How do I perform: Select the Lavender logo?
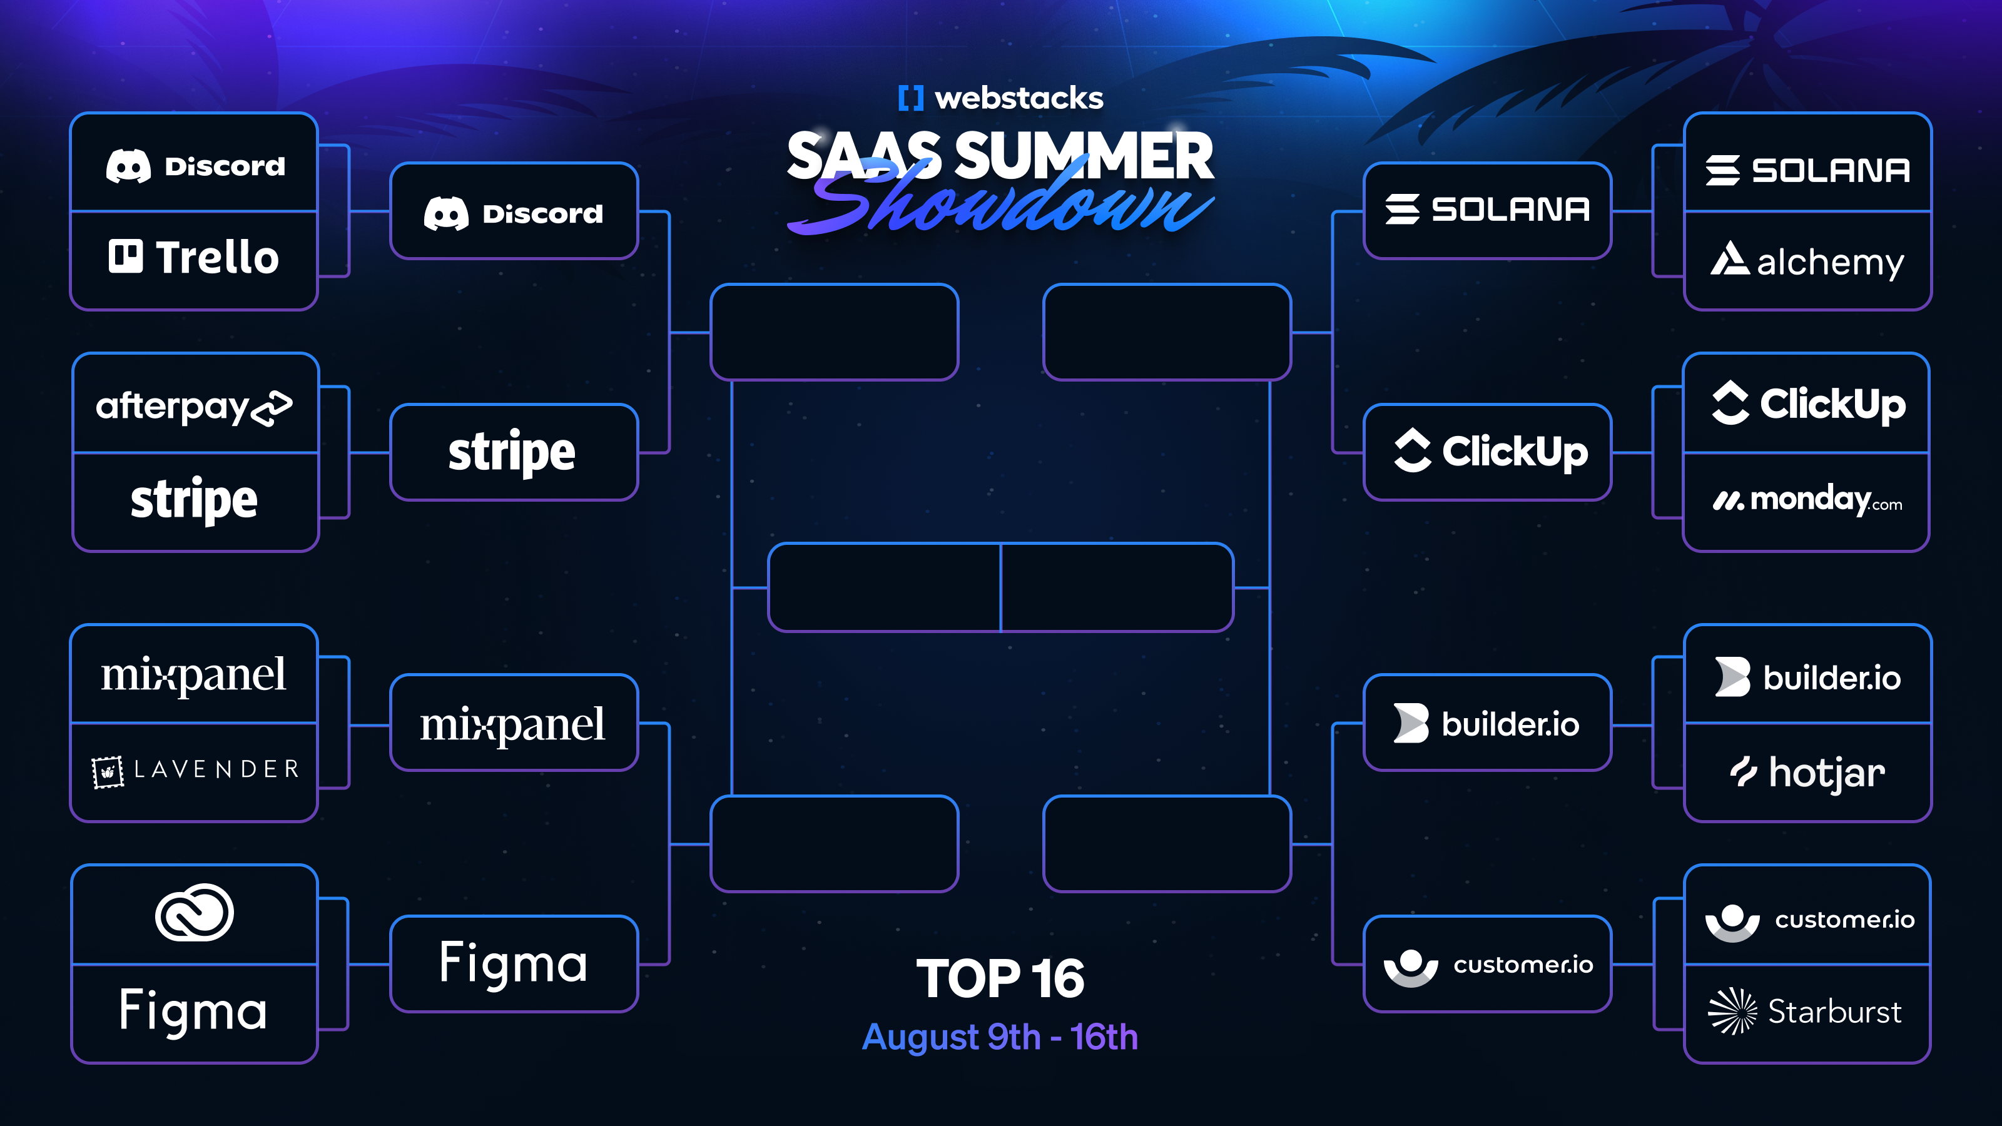(x=195, y=770)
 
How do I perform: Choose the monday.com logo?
(x=1807, y=500)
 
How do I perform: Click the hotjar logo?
(x=1807, y=773)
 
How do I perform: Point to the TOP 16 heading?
(x=1000, y=978)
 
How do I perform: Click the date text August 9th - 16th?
(x=1000, y=1037)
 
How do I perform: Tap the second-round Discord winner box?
(x=514, y=211)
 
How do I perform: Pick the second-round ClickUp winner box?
(x=1488, y=452)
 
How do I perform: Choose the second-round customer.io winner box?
(x=1488, y=965)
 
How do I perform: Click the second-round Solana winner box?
(x=1488, y=210)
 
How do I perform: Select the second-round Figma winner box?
(x=514, y=963)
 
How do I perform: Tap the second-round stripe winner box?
(x=514, y=452)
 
